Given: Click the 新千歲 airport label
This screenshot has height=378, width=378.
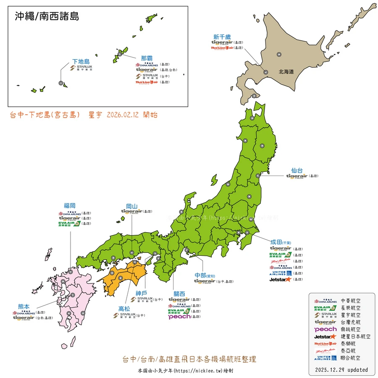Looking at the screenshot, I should [x=222, y=37].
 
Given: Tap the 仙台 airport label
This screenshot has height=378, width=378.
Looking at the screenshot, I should [x=297, y=171].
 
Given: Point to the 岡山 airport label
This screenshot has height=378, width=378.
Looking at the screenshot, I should [x=132, y=206].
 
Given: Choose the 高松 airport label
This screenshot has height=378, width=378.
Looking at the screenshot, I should [x=125, y=308].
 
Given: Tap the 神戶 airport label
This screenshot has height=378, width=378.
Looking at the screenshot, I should [x=141, y=293].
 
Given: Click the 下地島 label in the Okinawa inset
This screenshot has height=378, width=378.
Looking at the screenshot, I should [x=81, y=61].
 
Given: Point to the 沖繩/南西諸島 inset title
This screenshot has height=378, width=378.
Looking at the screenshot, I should [x=47, y=16].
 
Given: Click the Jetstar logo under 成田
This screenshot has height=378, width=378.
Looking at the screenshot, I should [x=280, y=279].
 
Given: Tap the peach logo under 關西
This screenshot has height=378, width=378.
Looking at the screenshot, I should [x=179, y=317].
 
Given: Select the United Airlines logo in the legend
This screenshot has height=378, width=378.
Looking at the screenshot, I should [x=325, y=358].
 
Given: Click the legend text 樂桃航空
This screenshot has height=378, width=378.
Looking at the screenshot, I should [x=351, y=329].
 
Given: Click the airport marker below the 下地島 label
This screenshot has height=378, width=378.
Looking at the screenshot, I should [x=61, y=84].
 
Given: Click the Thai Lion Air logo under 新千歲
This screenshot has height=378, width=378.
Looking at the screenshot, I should [x=222, y=48].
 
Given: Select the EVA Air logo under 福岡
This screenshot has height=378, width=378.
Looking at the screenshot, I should [x=70, y=224].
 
